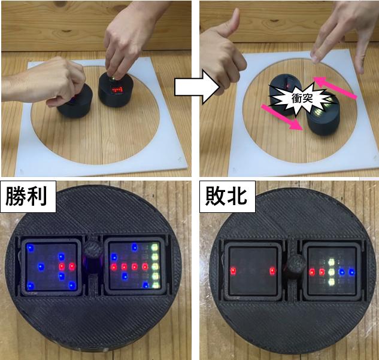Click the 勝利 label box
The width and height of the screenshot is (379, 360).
coord(28,197)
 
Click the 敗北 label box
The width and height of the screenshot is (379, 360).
coord(228,197)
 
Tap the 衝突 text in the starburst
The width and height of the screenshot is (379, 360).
coord(302,98)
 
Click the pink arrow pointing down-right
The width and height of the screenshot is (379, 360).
coord(282,117)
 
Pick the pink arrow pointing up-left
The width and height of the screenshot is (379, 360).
coord(335,87)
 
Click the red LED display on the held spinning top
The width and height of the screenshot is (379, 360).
coord(117,90)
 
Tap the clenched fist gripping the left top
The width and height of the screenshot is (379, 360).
coord(66,80)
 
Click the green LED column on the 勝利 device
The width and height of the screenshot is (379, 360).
coord(154,266)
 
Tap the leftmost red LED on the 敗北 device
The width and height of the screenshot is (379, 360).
coord(233,271)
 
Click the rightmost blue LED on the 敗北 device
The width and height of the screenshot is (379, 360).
coord(351,272)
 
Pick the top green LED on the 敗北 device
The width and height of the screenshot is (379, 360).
coord(331,262)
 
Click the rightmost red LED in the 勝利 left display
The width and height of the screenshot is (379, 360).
coord(72,267)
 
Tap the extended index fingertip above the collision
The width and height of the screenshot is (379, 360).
coord(315,57)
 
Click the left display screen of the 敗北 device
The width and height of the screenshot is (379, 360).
coord(253,271)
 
